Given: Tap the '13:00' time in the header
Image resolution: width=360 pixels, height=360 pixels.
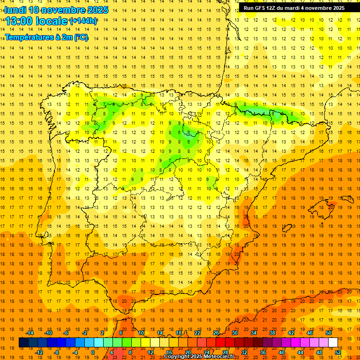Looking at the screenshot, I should (x=20, y=21).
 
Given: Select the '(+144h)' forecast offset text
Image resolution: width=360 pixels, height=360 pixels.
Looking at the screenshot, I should (x=83, y=21).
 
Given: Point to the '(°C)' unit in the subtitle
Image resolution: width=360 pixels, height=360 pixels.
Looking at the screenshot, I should (x=81, y=37).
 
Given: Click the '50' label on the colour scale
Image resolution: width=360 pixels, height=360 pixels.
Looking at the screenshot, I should (x=329, y=333).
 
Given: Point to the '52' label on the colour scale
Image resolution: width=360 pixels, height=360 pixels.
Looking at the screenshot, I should (x=338, y=352).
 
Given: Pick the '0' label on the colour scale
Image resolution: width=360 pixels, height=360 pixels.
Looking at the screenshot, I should (x=93, y=352).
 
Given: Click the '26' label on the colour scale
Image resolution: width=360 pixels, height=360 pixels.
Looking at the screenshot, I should (x=216, y=333).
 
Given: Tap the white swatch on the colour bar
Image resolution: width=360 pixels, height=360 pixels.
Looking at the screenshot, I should (x=333, y=343).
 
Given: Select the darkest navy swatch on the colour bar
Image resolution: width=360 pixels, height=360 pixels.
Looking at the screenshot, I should (x=24, y=343).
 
